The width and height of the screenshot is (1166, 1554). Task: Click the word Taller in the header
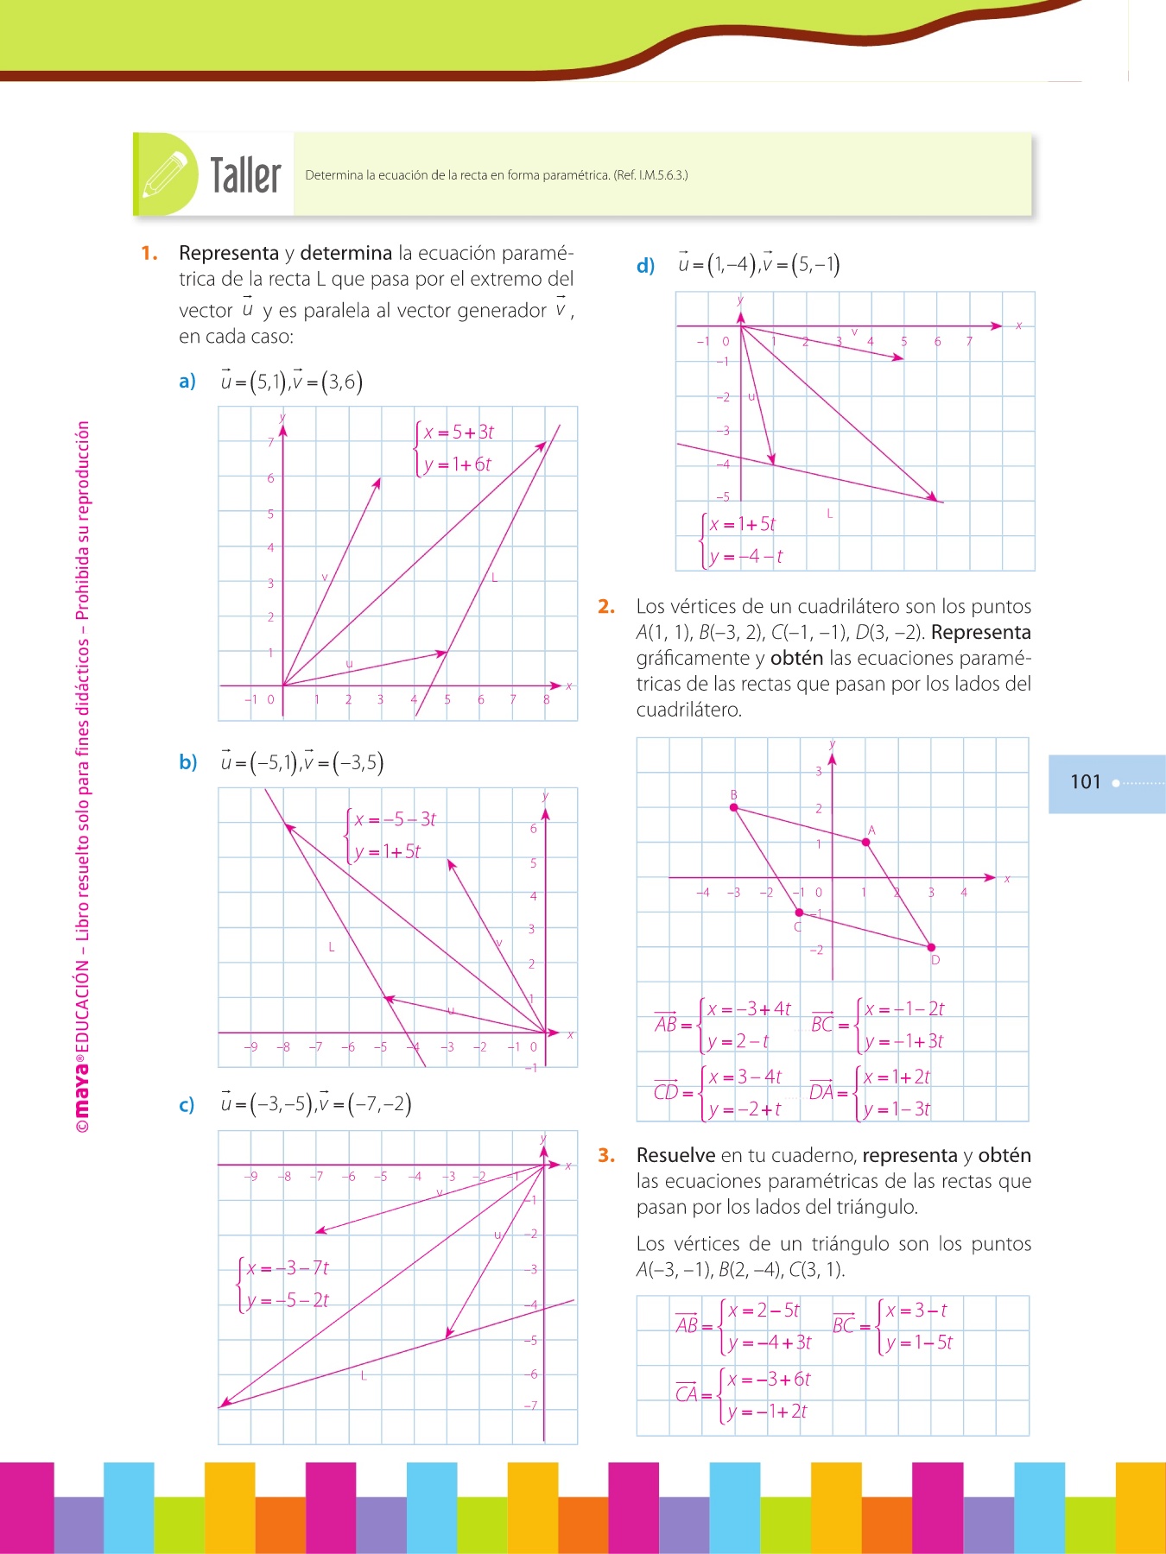[246, 175]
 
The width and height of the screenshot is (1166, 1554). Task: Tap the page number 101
[1086, 782]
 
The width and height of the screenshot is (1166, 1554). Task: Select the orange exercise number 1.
[149, 253]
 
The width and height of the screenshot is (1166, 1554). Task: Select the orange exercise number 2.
[606, 607]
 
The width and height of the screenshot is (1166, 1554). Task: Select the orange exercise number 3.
[606, 1155]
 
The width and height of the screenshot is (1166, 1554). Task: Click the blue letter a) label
[187, 382]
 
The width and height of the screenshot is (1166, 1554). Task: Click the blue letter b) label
[188, 762]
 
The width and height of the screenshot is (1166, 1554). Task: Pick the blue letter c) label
[187, 1105]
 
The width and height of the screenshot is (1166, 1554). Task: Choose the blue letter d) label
[645, 266]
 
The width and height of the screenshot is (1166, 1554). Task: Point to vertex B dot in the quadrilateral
[734, 808]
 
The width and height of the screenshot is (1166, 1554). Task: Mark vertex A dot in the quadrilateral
[866, 843]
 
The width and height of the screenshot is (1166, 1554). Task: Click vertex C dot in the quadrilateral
[799, 913]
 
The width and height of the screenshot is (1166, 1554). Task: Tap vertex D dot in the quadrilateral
[931, 947]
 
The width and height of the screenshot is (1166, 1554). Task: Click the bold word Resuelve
[675, 1155]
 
